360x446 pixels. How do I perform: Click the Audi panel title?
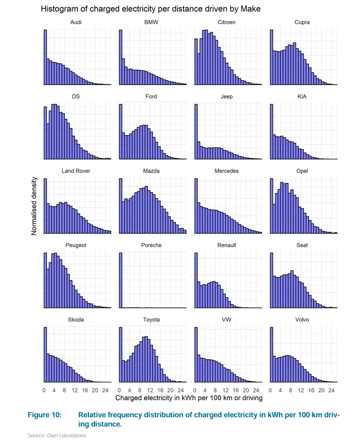(x=76, y=23)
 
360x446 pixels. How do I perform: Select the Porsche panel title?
(x=151, y=245)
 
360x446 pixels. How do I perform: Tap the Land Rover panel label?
(x=76, y=171)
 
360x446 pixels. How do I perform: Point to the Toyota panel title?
(x=151, y=320)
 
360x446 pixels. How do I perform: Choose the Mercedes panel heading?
(x=226, y=171)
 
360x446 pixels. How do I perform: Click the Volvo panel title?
(x=302, y=320)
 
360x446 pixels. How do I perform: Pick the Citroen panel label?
(x=226, y=23)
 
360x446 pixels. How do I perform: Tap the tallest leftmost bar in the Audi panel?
(x=45, y=57)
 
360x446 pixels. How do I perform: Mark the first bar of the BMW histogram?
(x=120, y=57)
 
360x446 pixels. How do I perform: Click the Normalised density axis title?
(x=34, y=206)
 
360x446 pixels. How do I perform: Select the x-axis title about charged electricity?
(x=189, y=398)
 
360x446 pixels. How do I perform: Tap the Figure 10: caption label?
(x=44, y=415)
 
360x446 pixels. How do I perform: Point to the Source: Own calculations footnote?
(x=57, y=436)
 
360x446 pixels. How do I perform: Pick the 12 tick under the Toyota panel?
(x=150, y=389)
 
